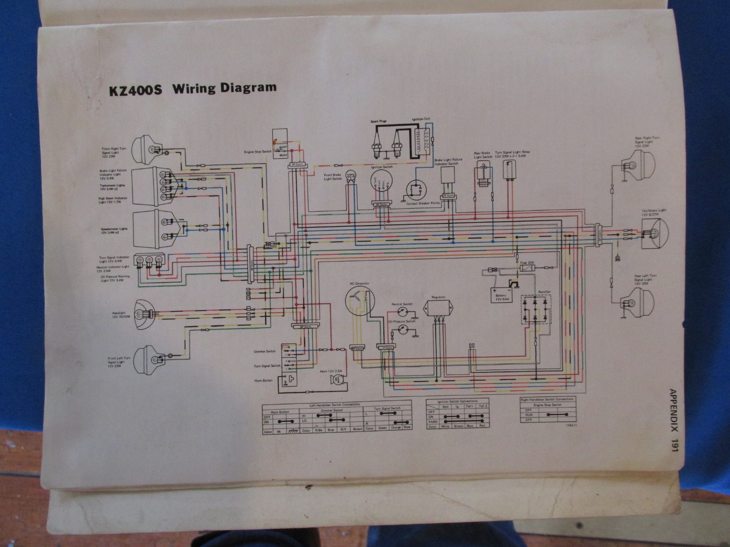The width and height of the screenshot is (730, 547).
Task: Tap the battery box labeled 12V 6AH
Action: click(x=501, y=294)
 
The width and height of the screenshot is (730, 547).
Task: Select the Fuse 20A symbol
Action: click(x=527, y=269)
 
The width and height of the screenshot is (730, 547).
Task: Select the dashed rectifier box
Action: click(x=536, y=310)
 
